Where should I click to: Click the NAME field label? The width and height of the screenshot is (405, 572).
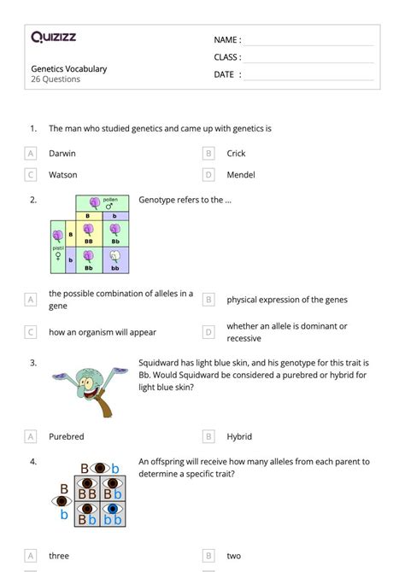click(x=226, y=40)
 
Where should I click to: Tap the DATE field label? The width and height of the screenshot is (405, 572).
click(x=226, y=74)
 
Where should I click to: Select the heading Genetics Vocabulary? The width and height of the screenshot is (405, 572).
click(x=69, y=69)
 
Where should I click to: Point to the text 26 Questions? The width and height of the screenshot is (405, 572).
click(x=56, y=79)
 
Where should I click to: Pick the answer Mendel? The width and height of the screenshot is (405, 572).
click(x=241, y=175)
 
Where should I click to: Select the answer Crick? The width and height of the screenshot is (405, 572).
click(x=236, y=154)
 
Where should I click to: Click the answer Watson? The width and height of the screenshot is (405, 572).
click(x=63, y=175)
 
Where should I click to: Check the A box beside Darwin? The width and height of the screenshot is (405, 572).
click(x=31, y=154)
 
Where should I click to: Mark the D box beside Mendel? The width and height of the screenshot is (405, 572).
click(x=208, y=175)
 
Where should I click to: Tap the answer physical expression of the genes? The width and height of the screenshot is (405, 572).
click(x=287, y=300)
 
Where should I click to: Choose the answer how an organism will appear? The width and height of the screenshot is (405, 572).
click(x=103, y=332)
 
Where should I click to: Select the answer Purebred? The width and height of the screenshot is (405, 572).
click(x=67, y=436)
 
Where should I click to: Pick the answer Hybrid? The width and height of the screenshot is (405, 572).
click(x=239, y=436)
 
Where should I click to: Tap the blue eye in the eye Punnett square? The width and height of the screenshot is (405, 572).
click(x=112, y=510)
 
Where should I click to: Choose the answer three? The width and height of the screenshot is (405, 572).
click(x=59, y=556)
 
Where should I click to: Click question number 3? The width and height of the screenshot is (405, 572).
click(x=32, y=363)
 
